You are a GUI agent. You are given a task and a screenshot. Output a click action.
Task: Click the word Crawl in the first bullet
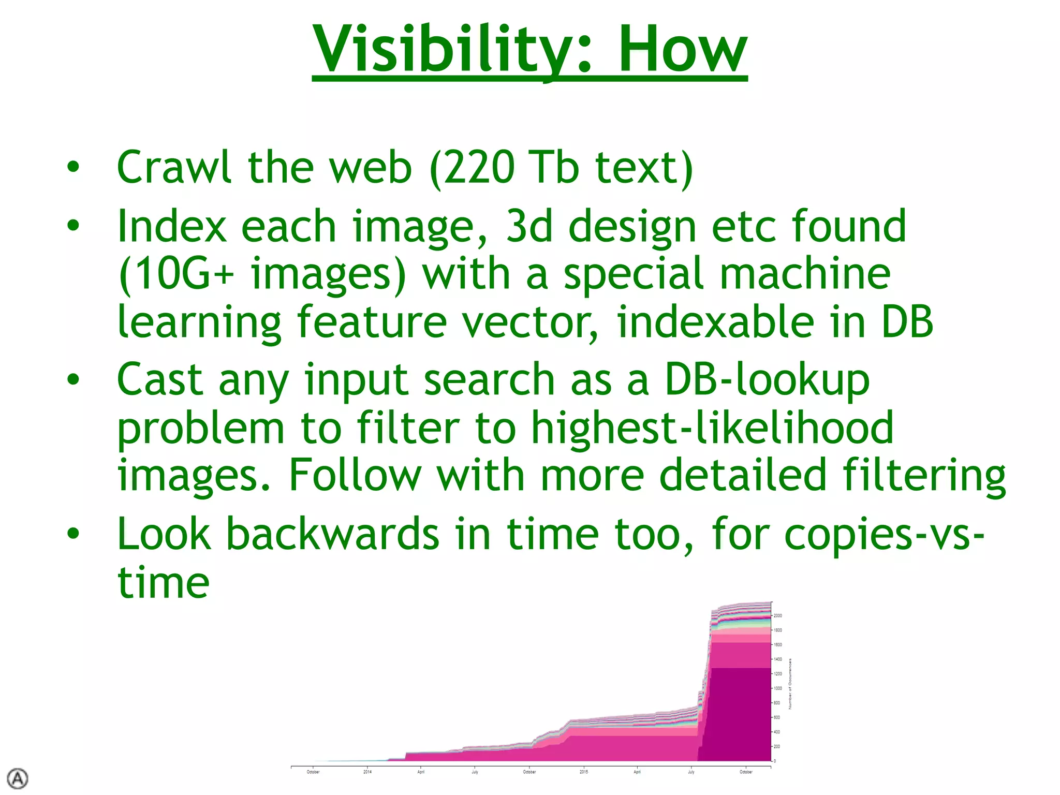(174, 167)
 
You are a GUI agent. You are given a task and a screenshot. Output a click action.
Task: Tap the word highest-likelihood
(712, 428)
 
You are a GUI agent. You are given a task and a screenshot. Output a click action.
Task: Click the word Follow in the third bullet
(355, 475)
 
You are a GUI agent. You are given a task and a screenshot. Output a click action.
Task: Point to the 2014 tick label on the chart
(367, 772)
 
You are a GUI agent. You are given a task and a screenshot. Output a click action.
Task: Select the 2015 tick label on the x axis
(584, 772)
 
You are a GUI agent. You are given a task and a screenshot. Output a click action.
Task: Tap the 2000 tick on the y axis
(778, 616)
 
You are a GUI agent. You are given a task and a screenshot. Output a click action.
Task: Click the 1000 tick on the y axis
(778, 688)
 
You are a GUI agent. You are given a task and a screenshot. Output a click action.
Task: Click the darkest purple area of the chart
(740, 714)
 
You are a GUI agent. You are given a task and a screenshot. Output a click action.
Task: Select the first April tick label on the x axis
(421, 772)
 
